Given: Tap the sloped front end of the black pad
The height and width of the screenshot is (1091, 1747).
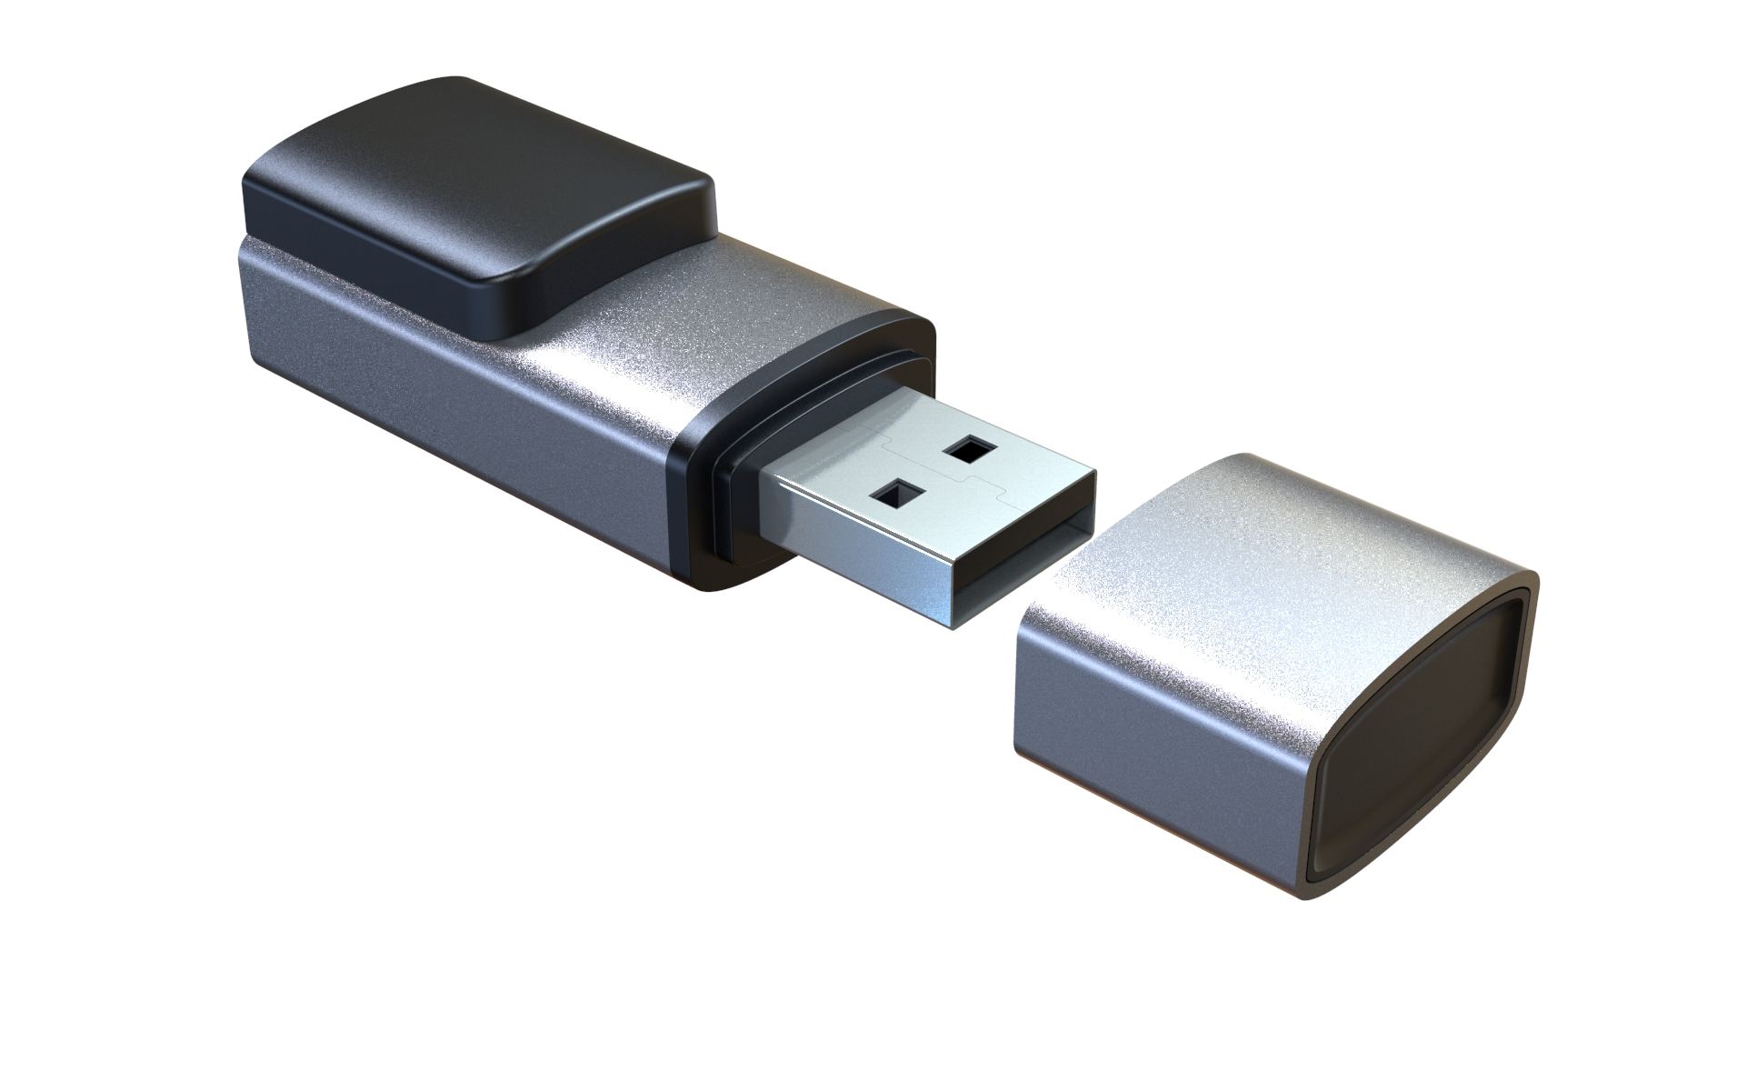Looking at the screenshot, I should click(582, 273).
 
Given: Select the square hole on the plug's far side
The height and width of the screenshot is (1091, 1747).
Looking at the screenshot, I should click(970, 447).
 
